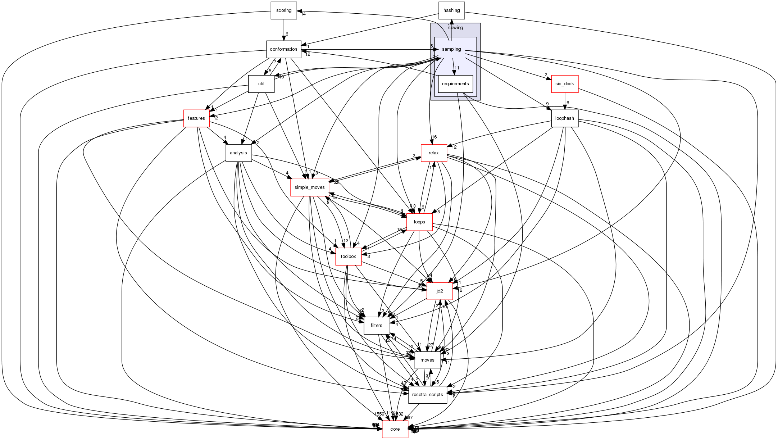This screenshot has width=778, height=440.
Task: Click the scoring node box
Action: [283, 10]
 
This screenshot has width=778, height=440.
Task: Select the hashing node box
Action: [451, 10]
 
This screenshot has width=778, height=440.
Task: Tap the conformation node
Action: [283, 49]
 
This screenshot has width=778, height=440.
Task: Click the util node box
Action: [261, 84]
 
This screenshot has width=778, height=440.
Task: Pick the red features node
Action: [196, 118]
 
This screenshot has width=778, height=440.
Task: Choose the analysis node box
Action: [238, 153]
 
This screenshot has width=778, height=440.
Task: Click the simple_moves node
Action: [309, 187]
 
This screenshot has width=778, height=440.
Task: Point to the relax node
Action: [434, 153]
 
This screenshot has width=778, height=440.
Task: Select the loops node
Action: [419, 222]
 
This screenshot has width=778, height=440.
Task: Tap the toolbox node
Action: [348, 257]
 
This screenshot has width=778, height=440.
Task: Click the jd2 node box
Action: [440, 291]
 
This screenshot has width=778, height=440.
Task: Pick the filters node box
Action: [376, 326]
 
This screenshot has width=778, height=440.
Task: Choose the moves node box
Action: [427, 360]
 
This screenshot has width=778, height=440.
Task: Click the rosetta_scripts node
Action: [427, 395]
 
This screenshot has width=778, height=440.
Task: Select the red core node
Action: [395, 429]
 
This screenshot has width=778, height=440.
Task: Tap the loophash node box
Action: [565, 118]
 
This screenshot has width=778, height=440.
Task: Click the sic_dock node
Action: [565, 84]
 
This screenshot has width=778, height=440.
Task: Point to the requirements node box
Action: [455, 84]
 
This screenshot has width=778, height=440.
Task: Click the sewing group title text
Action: [455, 28]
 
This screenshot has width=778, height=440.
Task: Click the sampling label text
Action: [451, 49]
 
